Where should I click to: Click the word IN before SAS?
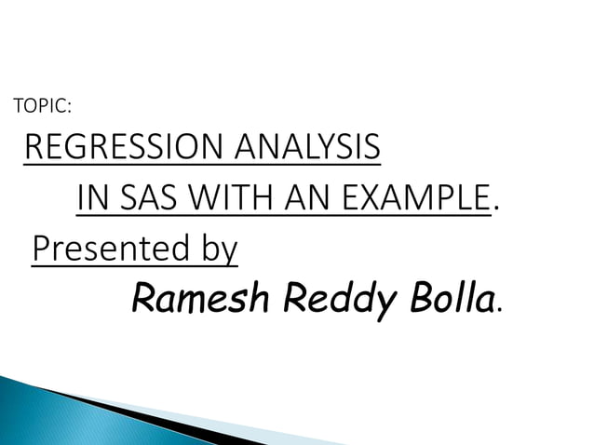point(91,198)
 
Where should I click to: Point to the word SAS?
point(147,198)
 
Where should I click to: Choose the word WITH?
point(228,198)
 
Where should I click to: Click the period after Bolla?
point(502,308)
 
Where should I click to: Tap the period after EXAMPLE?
point(495,209)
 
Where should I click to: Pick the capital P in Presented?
point(41,249)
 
